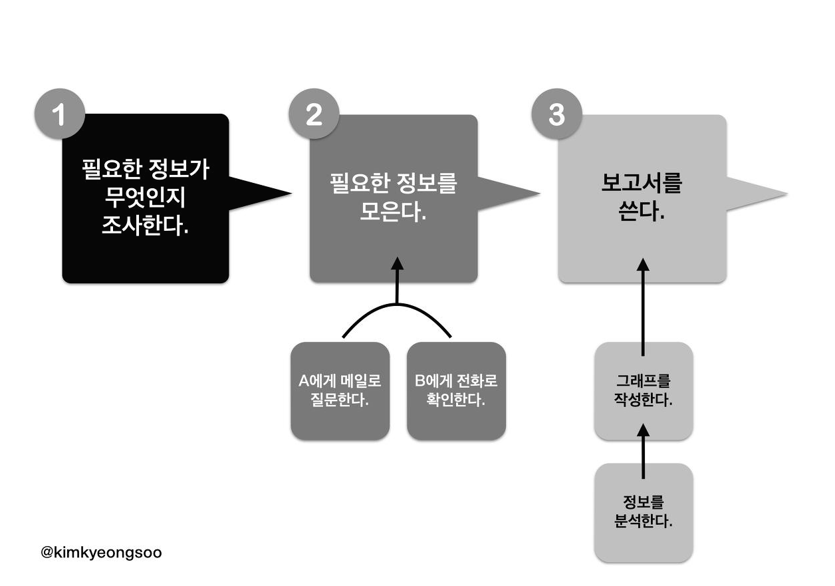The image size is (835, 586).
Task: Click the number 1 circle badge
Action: (x=59, y=115)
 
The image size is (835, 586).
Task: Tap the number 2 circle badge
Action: (x=313, y=115)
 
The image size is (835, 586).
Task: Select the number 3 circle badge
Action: (x=556, y=115)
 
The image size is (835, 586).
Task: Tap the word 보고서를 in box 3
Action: (x=642, y=184)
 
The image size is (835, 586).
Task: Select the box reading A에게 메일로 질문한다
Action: (x=340, y=391)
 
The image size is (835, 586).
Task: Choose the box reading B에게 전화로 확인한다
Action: (x=456, y=391)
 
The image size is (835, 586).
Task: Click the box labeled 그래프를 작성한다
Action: (x=643, y=391)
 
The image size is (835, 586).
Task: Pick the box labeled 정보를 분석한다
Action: (x=643, y=512)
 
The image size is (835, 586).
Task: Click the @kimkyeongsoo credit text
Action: (x=101, y=552)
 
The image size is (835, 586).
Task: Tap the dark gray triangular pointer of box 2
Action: (x=508, y=192)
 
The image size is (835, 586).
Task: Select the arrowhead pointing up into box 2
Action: (x=397, y=263)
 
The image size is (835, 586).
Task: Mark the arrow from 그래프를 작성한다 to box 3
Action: (x=643, y=306)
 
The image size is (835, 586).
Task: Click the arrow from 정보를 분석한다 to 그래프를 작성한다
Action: (x=643, y=452)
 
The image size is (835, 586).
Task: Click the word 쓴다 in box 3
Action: (x=642, y=213)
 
